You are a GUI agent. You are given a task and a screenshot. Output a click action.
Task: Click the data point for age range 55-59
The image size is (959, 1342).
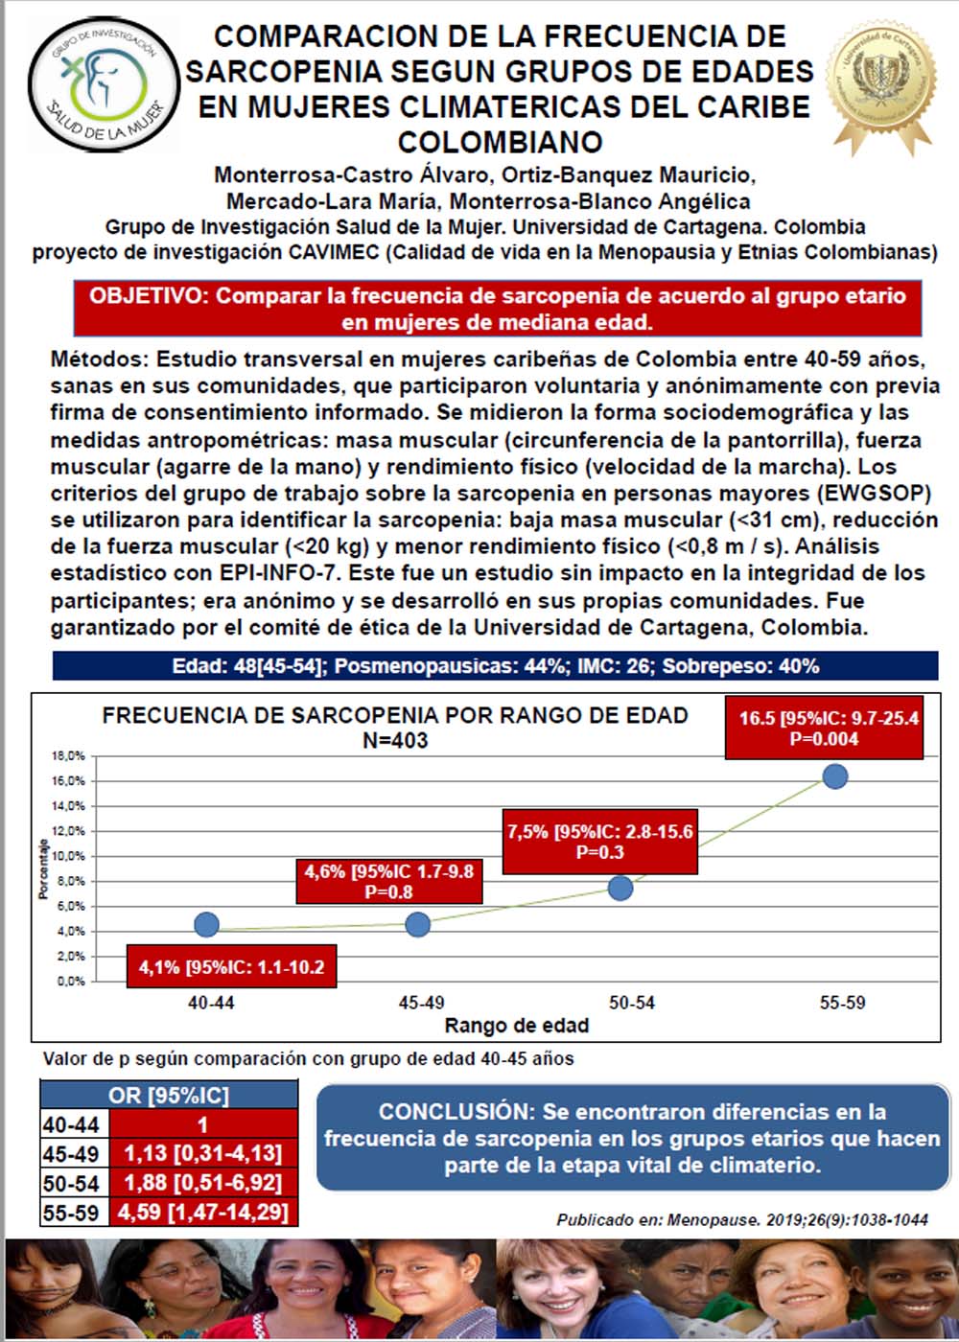(834, 775)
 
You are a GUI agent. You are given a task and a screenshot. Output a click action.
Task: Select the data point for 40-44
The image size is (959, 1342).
(206, 925)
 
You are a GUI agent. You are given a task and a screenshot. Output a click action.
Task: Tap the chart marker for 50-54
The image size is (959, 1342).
(620, 888)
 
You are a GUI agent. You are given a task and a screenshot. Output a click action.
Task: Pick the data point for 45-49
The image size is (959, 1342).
(418, 925)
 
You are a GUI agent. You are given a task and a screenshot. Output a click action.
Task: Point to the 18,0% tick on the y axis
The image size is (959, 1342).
(68, 756)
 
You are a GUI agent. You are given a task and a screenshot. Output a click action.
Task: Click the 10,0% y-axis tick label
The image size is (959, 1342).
(68, 856)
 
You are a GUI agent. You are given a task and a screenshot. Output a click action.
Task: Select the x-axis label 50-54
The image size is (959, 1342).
(632, 1003)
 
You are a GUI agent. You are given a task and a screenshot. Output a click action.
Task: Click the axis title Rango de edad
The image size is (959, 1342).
(516, 1026)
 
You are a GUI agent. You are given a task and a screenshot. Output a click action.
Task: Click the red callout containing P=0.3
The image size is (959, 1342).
(600, 842)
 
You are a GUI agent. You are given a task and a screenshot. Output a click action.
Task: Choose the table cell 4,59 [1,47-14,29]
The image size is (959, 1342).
(202, 1212)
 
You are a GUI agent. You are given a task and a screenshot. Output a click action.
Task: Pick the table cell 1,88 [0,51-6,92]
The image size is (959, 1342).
(202, 1182)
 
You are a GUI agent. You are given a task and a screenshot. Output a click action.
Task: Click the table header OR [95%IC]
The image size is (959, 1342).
(169, 1095)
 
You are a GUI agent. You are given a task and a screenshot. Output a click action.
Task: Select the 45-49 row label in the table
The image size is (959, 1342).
(71, 1153)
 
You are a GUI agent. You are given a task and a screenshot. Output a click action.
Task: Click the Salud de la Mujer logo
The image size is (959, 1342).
(104, 83)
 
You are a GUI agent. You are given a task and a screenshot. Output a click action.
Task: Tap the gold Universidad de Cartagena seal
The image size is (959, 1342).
(881, 80)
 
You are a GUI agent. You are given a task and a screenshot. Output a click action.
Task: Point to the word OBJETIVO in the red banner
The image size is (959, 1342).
(148, 295)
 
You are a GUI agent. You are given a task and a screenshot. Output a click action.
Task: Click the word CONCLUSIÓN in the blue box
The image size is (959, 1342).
(455, 1112)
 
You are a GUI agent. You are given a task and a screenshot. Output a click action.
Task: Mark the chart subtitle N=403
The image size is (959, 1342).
(395, 740)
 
